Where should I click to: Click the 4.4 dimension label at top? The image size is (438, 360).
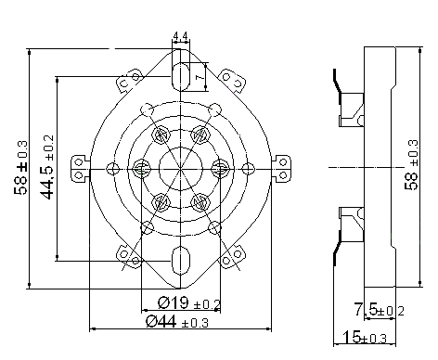[181, 36]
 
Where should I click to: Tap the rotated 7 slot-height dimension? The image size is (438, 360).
[200, 75]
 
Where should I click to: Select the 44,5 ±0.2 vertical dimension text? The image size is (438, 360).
[47, 167]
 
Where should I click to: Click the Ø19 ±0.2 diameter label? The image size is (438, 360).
[189, 303]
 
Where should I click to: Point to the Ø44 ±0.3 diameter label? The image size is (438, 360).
[177, 322]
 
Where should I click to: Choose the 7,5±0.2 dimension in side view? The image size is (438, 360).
[379, 310]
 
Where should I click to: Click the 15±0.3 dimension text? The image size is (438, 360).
[365, 337]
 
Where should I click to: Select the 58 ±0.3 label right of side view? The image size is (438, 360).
[412, 165]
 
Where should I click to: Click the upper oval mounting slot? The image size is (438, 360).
[181, 76]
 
